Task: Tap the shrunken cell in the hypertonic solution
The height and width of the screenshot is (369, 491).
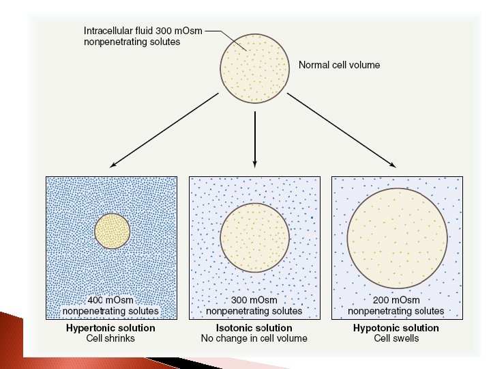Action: (112, 231)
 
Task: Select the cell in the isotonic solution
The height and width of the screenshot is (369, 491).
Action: (254, 236)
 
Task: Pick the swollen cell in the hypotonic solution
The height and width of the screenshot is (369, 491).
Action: (397, 237)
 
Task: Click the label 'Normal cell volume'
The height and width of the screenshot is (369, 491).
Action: (339, 66)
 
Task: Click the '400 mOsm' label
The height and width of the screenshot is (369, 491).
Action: (110, 300)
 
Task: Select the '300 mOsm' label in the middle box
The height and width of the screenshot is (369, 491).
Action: (254, 300)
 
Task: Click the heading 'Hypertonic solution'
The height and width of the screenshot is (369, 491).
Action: (110, 328)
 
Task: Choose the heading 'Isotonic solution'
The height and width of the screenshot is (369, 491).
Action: (254, 328)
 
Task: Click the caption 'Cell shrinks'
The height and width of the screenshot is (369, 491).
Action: (110, 338)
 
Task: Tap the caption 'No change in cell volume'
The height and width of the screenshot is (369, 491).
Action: (254, 338)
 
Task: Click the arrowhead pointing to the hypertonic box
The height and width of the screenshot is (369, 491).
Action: (113, 165)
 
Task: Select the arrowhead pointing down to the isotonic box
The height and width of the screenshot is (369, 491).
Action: (254, 163)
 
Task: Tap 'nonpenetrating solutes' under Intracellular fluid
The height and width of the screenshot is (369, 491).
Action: (131, 42)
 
